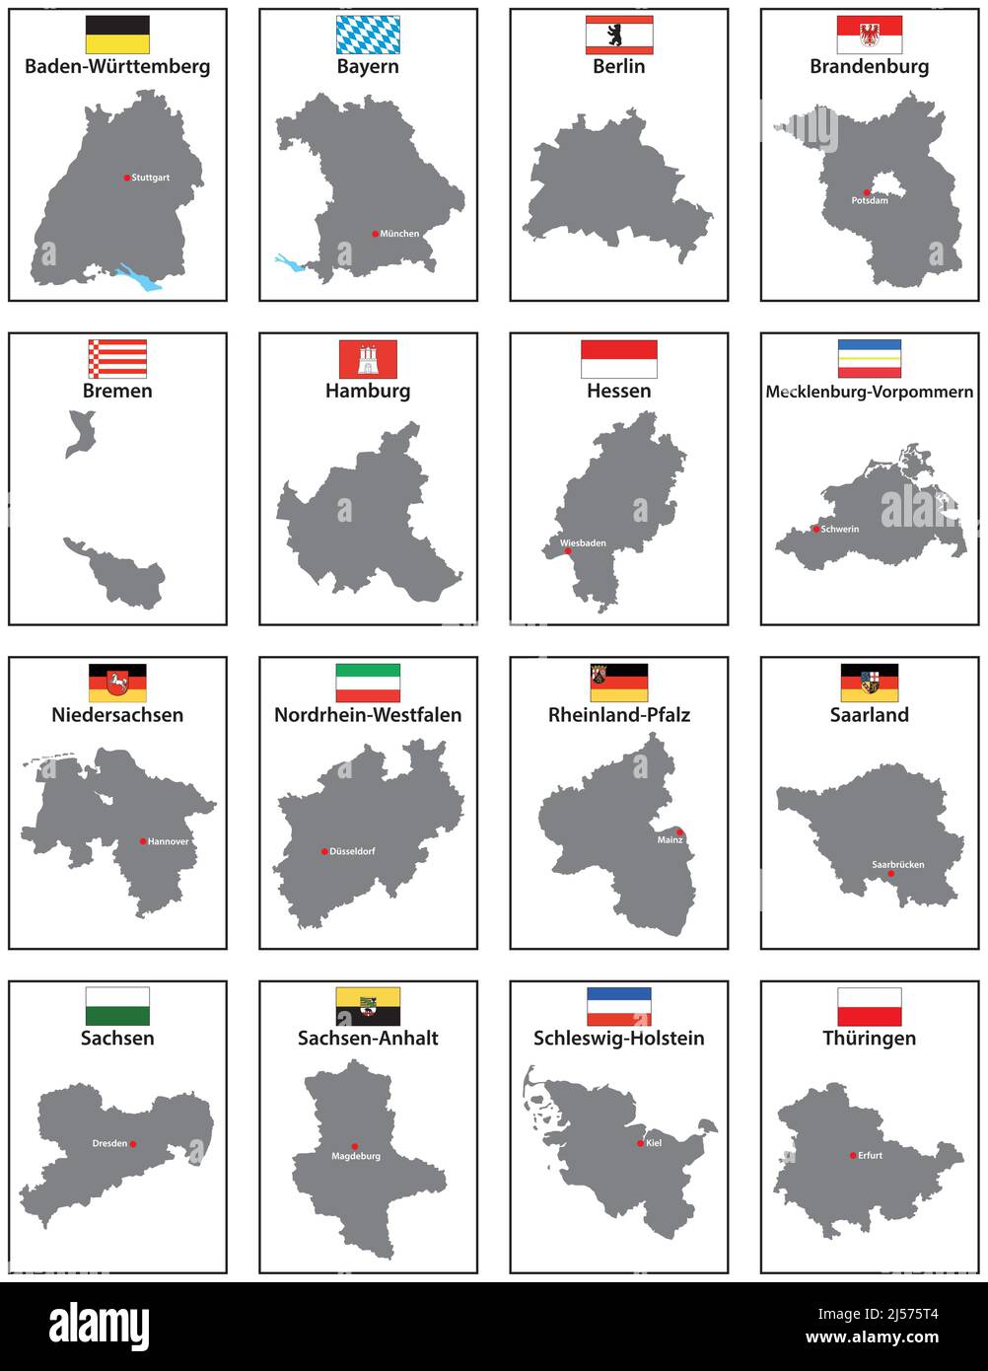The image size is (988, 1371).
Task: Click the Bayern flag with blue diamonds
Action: [368, 35]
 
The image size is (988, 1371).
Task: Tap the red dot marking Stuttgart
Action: [127, 178]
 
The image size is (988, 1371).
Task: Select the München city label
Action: [399, 234]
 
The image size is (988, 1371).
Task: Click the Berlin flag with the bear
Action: [618, 35]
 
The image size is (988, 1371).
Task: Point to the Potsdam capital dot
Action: [868, 192]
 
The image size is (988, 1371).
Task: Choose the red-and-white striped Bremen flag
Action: [117, 359]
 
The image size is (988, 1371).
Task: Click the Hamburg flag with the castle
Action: [368, 359]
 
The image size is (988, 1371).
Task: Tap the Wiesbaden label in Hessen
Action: [583, 542]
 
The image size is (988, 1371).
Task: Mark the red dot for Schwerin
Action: [815, 529]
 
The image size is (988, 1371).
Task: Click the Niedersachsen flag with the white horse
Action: [117, 683]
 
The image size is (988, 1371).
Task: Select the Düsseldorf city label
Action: [352, 851]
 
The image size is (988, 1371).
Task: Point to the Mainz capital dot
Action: [679, 832]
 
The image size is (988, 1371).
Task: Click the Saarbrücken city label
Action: [898, 864]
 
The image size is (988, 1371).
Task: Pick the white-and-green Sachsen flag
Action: [117, 1006]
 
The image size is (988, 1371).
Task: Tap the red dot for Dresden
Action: [132, 1144]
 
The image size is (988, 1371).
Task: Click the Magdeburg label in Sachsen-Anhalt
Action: [356, 1156]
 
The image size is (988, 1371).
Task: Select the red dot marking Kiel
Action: [640, 1143]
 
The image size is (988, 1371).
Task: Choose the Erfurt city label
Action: [870, 1155]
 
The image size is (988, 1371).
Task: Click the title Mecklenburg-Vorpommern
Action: [869, 392]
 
